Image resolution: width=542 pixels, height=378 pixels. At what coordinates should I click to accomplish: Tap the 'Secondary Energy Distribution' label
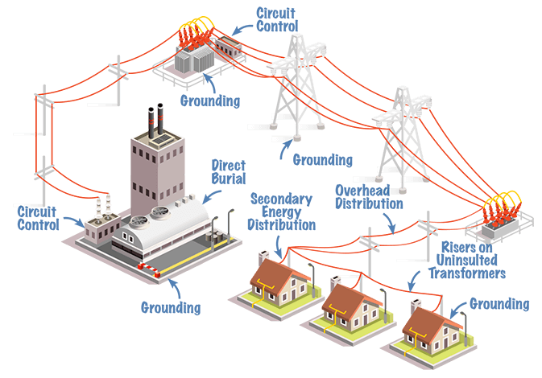pyautogui.click(x=281, y=212)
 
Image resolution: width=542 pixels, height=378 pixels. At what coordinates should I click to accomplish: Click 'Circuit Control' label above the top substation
pyautogui.click(x=277, y=19)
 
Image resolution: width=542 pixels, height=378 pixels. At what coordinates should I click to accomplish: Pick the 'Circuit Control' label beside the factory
pyautogui.click(x=38, y=218)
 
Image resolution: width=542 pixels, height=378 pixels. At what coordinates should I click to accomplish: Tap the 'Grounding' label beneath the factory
pyautogui.click(x=170, y=306)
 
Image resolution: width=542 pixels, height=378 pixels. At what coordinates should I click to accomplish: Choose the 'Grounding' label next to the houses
pyautogui.click(x=499, y=304)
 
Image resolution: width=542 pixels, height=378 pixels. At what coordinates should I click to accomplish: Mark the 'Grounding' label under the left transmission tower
pyautogui.click(x=322, y=159)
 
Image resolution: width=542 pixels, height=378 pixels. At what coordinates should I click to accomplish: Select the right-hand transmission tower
pyautogui.click(x=401, y=129)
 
